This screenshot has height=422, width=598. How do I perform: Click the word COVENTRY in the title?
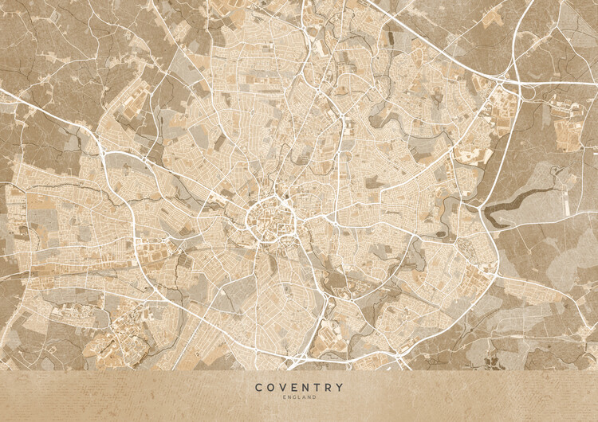pyautogui.click(x=299, y=388)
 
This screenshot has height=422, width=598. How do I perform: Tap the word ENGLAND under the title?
pyautogui.click(x=299, y=397)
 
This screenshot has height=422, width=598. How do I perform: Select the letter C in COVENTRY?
pyautogui.click(x=259, y=388)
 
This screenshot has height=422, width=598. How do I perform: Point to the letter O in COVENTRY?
pyautogui.click(x=271, y=388)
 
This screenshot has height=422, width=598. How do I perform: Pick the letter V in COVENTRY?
pyautogui.click(x=283, y=388)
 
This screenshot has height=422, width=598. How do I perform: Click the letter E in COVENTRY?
pyautogui.click(x=294, y=388)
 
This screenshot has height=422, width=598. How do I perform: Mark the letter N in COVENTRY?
pyautogui.click(x=305, y=388)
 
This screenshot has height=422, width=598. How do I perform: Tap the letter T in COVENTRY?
pyautogui.click(x=317, y=388)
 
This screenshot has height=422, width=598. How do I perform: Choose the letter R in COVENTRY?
pyautogui.click(x=329, y=388)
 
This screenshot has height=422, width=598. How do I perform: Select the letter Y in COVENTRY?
pyautogui.click(x=340, y=388)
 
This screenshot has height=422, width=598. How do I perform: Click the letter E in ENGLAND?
pyautogui.click(x=284, y=397)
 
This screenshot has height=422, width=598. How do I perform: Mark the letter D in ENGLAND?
pyautogui.click(x=314, y=397)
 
